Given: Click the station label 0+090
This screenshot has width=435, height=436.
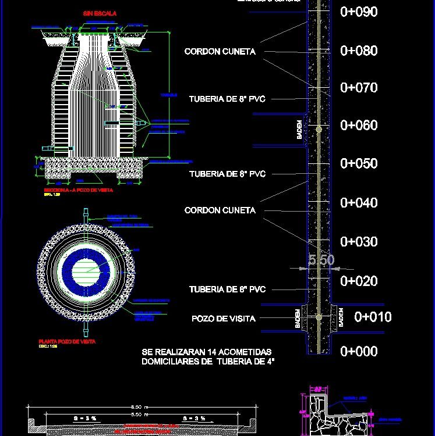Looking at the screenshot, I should (359, 12).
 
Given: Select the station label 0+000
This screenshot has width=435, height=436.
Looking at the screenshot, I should (359, 351).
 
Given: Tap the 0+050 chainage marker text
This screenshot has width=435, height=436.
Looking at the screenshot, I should (359, 164).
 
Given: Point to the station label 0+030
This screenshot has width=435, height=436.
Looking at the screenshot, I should (359, 242).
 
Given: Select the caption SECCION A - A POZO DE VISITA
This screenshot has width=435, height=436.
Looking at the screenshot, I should (78, 190).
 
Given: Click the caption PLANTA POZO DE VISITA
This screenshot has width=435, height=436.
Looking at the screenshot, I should (67, 342).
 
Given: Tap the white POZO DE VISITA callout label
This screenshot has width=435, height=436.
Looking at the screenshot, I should (224, 319).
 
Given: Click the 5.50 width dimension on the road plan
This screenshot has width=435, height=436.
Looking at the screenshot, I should (321, 260).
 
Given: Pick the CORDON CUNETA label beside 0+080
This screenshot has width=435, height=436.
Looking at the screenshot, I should (220, 52).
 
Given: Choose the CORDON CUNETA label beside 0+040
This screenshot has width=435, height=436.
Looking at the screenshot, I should (220, 210).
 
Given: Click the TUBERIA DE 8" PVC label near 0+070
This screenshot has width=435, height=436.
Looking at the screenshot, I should (227, 99).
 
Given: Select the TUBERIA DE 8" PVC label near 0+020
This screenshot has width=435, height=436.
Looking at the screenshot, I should (227, 290).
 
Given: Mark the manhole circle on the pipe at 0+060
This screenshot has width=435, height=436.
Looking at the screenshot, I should (319, 128).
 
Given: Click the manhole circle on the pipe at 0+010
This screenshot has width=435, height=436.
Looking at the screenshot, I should (319, 317).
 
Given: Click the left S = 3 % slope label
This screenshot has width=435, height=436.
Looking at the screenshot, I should (83, 418).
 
